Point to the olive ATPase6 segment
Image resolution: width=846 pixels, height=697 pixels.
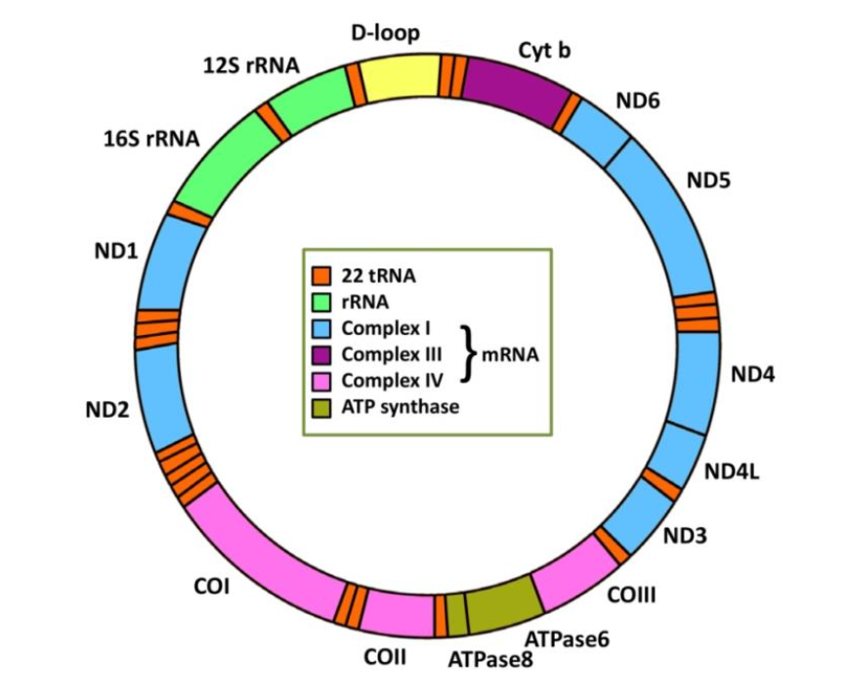pos(501,604)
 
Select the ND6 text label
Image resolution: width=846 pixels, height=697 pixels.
pos(638,99)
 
